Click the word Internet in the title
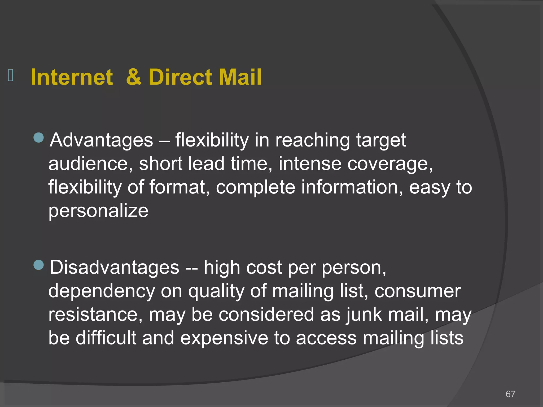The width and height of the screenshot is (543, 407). (72, 77)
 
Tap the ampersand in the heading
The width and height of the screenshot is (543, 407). (134, 77)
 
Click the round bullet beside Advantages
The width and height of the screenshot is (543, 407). (39, 138)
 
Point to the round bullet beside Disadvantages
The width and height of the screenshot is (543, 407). (39, 265)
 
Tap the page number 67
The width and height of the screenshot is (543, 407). (510, 394)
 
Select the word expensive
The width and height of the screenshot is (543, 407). (224, 338)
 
